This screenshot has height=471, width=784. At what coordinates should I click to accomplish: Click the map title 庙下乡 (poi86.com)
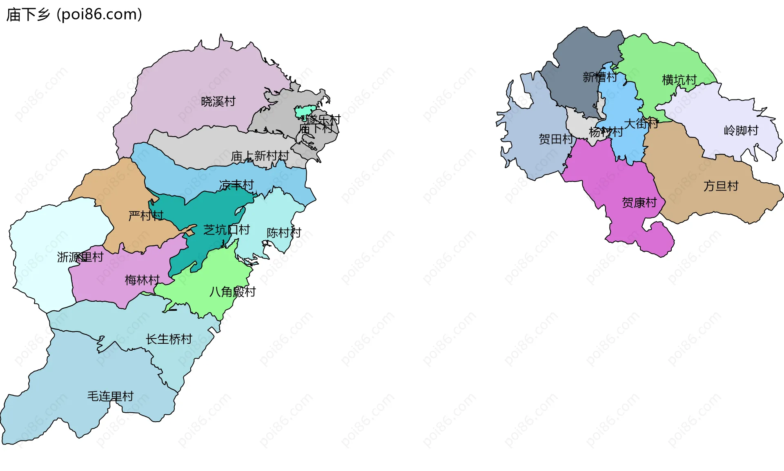coord(74,15)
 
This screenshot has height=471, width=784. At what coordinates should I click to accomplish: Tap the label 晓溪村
coord(218,101)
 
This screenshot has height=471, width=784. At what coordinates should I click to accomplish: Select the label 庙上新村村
coord(260,156)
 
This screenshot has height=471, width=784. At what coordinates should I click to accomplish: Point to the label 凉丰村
coord(236,185)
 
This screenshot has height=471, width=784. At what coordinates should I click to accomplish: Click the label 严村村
coord(146,215)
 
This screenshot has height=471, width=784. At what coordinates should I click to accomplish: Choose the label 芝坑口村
coord(226,230)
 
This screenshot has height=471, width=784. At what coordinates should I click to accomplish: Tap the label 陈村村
coord(284,232)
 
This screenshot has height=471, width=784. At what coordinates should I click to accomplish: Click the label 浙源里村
coord(80,257)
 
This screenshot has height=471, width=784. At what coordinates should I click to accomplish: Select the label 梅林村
coord(142,280)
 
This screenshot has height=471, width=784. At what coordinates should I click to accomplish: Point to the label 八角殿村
coord(232,292)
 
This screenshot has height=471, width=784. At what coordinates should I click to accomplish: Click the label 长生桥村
coord(169,339)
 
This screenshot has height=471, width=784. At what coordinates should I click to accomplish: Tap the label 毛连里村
coord(110,396)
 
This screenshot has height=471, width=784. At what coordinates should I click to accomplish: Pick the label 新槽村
coord(599,77)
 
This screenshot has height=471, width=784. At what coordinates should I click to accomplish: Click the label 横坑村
coord(679,80)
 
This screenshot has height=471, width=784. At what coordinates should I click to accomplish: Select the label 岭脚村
coord(741,130)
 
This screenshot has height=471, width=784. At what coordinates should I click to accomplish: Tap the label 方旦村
coord(721,186)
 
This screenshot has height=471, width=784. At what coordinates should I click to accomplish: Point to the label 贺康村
coord(639,203)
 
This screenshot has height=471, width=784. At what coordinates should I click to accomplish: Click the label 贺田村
coord(556,139)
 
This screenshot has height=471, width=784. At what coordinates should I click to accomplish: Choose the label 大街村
coord(641,123)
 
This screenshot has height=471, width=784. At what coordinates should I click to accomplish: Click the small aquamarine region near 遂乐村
coord(305,111)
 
